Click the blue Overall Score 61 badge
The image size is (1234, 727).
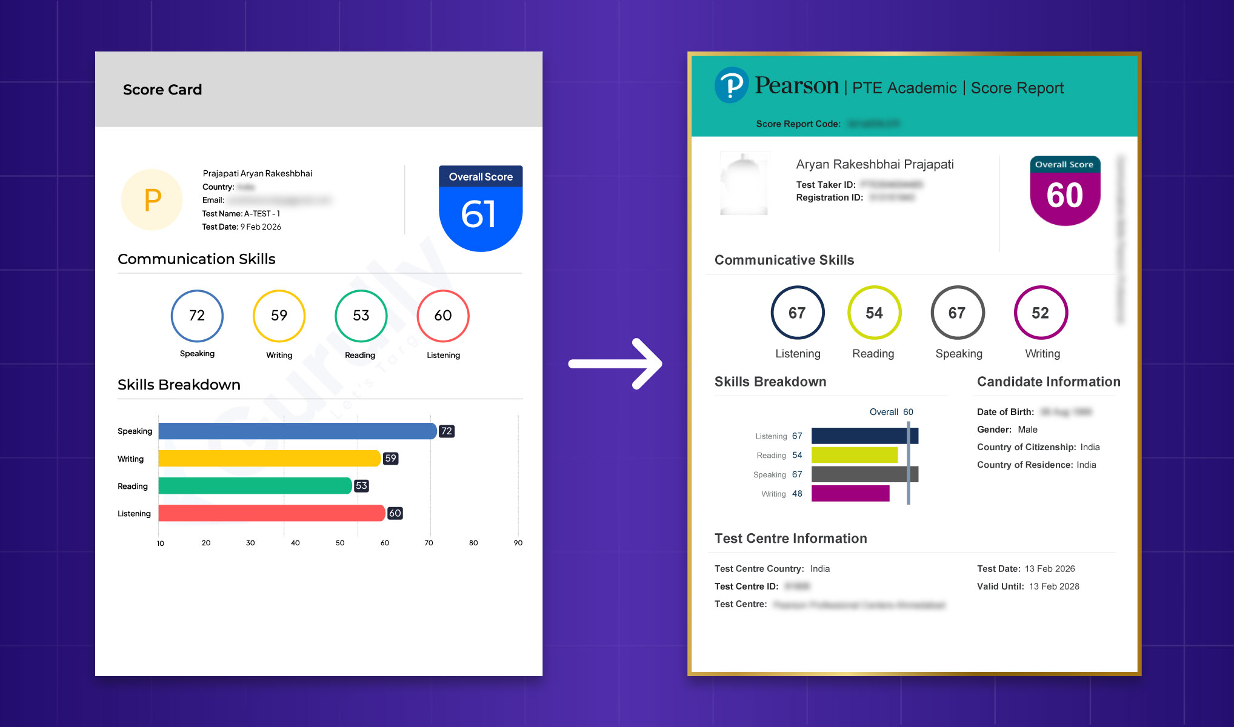[x=480, y=209]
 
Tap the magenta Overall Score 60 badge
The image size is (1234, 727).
[x=1064, y=192]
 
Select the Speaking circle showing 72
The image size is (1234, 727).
[x=197, y=316]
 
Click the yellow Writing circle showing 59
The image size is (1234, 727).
[x=279, y=316]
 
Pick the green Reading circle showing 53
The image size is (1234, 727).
[x=361, y=316]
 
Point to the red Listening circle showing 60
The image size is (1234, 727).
[x=443, y=316]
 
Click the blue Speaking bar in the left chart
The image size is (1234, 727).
[x=297, y=431]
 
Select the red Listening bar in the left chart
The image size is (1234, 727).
[x=272, y=513]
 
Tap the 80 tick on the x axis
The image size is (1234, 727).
[x=473, y=543]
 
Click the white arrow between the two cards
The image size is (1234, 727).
[x=615, y=363]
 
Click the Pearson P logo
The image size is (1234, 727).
[x=732, y=85]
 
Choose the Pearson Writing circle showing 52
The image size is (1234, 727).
[x=1041, y=313]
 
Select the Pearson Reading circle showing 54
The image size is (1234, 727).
[x=874, y=313]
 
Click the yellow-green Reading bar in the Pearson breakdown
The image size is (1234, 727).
[x=854, y=455]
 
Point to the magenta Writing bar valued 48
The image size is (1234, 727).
[x=850, y=494]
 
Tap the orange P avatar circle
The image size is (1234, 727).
[x=152, y=199]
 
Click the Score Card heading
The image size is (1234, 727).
[x=162, y=90]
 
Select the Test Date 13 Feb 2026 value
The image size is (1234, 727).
[x=1050, y=569]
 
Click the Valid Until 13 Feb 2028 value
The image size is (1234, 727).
[x=1054, y=586]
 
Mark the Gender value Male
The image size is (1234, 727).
[x=1027, y=430]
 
